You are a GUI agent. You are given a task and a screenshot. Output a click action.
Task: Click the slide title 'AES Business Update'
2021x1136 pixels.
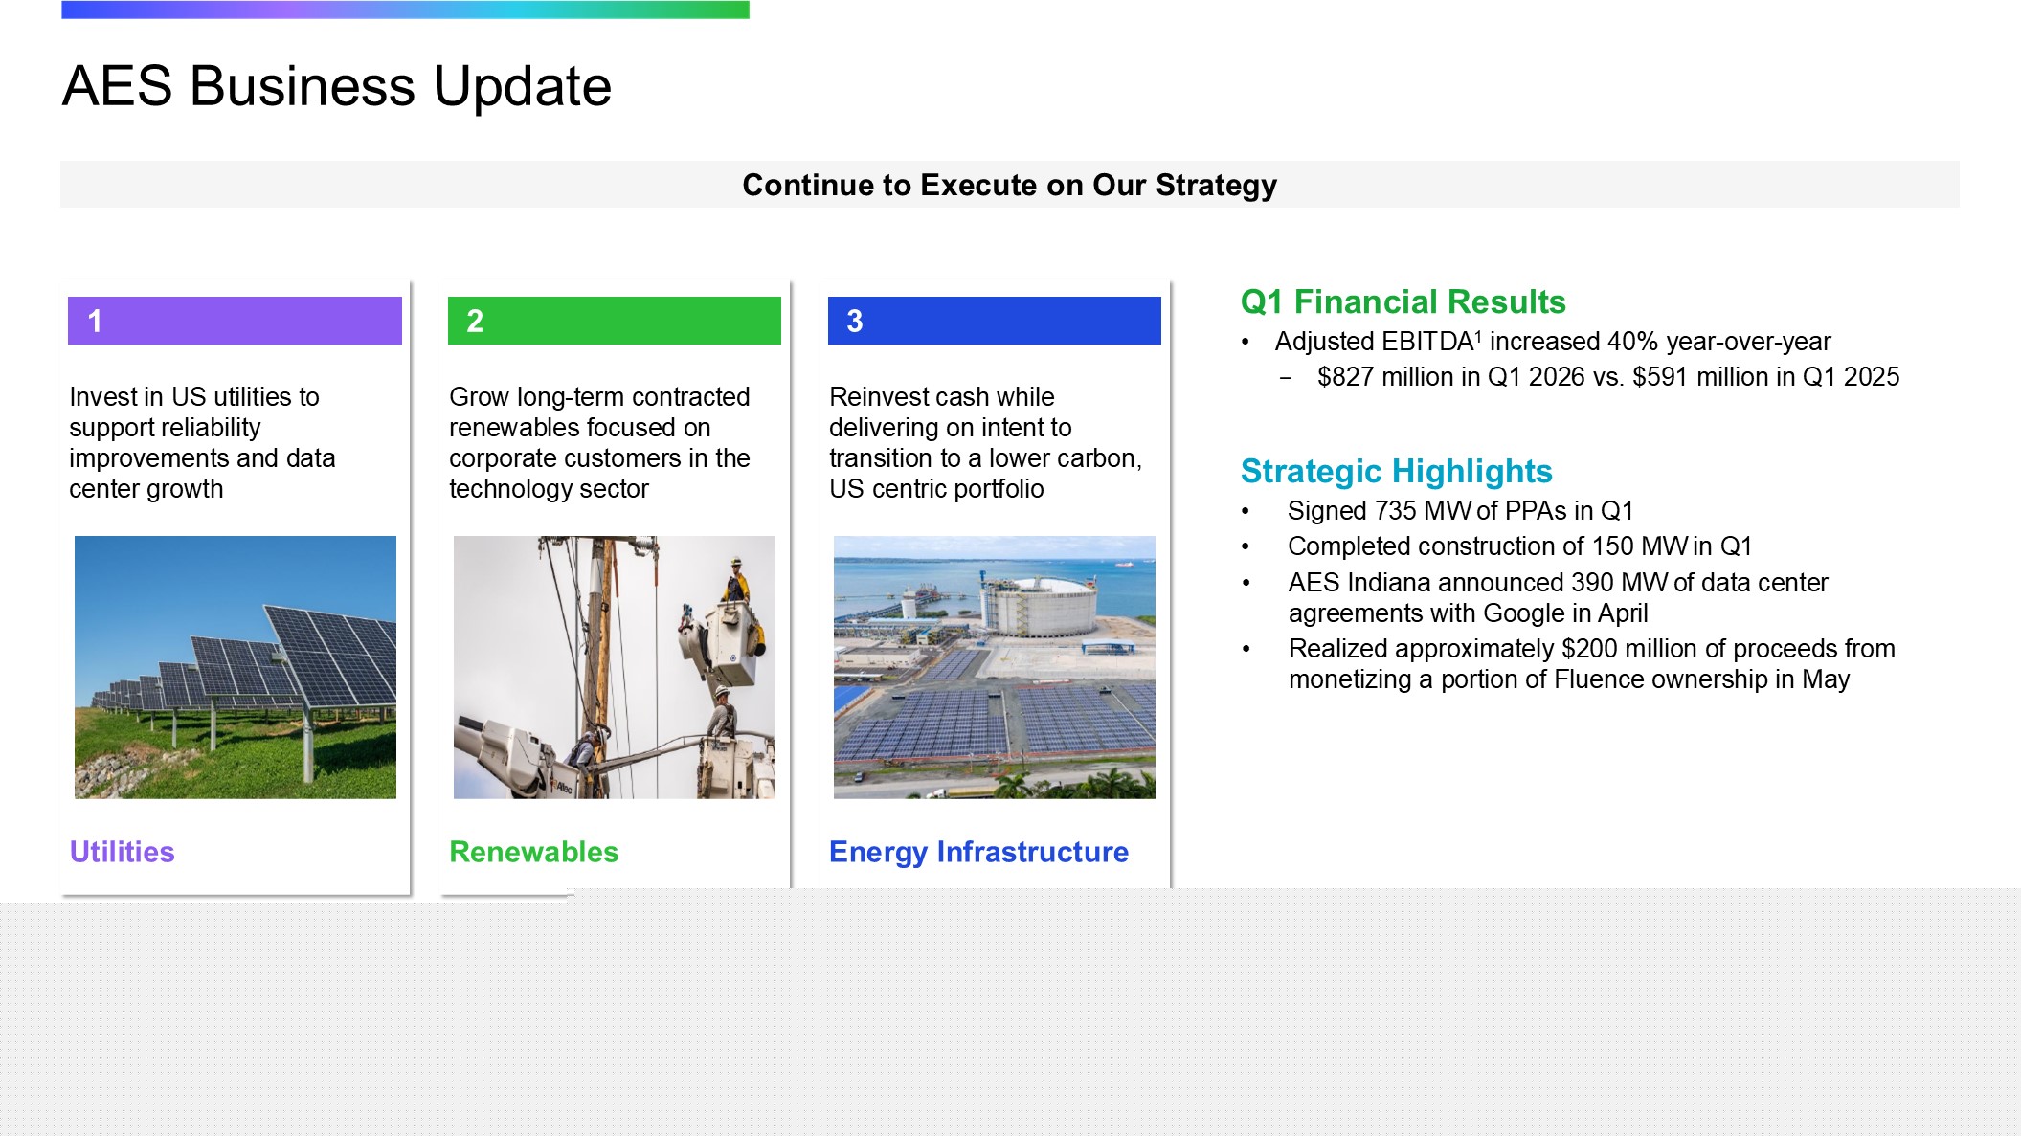[336, 86]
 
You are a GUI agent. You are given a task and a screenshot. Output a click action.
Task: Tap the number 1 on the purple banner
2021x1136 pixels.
[95, 321]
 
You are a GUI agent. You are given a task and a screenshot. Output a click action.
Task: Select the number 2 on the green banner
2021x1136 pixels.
[475, 321]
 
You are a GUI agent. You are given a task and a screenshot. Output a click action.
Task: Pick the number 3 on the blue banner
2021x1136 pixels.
[855, 321]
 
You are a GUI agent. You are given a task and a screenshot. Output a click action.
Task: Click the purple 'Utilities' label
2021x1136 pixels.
[122, 852]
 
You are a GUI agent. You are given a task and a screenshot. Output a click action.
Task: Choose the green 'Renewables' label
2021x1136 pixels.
[533, 852]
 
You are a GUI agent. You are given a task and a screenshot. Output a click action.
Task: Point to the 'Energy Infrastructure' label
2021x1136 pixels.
[978, 853]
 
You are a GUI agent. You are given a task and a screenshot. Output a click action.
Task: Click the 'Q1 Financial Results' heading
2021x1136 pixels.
[1403, 302]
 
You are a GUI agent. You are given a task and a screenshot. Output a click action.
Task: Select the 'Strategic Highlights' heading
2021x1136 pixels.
[1396, 472]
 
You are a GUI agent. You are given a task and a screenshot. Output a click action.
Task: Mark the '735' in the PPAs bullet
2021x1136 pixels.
[1395, 511]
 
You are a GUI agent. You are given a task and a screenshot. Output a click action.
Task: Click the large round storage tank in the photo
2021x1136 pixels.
[1042, 606]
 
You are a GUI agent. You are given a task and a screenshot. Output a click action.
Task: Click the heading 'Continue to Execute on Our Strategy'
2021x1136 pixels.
[1009, 185]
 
